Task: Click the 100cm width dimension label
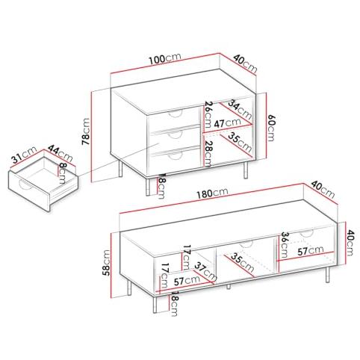[x=164, y=58]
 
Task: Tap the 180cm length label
[x=212, y=193]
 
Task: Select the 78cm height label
[x=86, y=131]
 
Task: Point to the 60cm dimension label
[x=270, y=128]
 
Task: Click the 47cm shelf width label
[x=227, y=122]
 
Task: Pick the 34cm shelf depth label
[x=240, y=109]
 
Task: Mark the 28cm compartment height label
[x=208, y=154]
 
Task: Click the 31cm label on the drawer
[x=25, y=155]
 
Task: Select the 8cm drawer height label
[x=63, y=173]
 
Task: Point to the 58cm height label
[x=106, y=262]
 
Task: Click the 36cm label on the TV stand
[x=285, y=245]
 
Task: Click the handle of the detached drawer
[x=24, y=185]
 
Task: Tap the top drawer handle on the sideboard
[x=176, y=114]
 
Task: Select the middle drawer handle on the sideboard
[x=176, y=135]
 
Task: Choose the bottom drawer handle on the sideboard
[x=176, y=156]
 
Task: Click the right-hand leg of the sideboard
[x=246, y=170]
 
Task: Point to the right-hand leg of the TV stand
[x=328, y=275]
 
